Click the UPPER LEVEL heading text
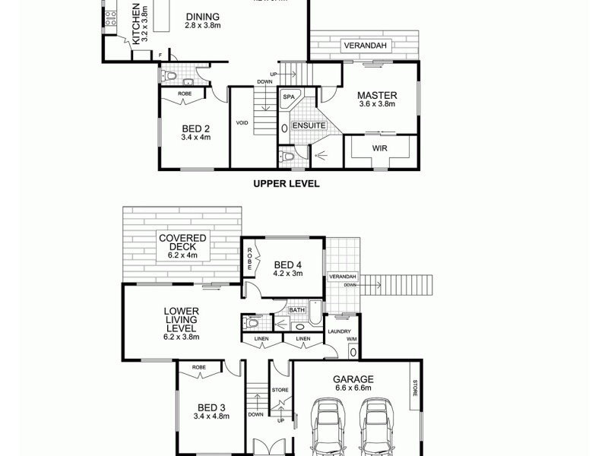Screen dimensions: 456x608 pos(286,184)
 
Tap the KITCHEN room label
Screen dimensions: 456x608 pos(137,24)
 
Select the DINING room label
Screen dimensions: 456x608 pos(201,17)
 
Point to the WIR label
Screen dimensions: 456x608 pos(380,148)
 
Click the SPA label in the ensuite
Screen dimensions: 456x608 pos(289,97)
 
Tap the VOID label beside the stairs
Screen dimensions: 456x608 pos(242,122)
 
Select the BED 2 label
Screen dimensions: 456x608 pos(195,128)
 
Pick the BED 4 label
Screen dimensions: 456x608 pos(288,264)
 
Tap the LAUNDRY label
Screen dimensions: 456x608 pos(338,331)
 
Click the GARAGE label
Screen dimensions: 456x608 pos(353,378)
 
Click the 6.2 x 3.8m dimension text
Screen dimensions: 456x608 pos(182,337)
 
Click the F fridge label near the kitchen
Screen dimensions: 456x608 pos(160,55)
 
